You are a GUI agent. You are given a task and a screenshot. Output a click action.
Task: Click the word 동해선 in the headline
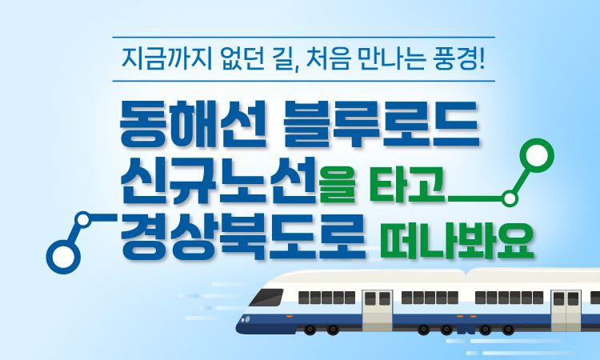(x=193, y=123)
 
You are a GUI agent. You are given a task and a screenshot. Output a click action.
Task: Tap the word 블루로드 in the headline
(x=381, y=123)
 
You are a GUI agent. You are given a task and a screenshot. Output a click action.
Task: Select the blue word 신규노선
(x=218, y=180)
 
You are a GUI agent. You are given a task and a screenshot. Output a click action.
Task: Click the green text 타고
(x=408, y=184)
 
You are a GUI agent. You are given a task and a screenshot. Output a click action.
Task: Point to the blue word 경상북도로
(x=242, y=236)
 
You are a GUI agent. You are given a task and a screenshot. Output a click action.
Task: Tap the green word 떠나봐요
(x=457, y=240)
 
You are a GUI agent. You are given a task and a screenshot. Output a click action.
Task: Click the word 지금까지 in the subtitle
(x=167, y=59)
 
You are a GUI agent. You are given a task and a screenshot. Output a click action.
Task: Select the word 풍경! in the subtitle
(x=459, y=59)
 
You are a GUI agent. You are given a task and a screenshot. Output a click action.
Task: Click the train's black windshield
(x=266, y=298)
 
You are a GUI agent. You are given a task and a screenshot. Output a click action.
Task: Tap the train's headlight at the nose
(x=246, y=318)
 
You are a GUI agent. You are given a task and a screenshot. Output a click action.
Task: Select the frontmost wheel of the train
(x=310, y=329)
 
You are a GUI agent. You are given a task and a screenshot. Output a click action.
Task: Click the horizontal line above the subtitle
(x=303, y=37)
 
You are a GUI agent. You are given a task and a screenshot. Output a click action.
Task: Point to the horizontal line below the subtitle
(x=303, y=81)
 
